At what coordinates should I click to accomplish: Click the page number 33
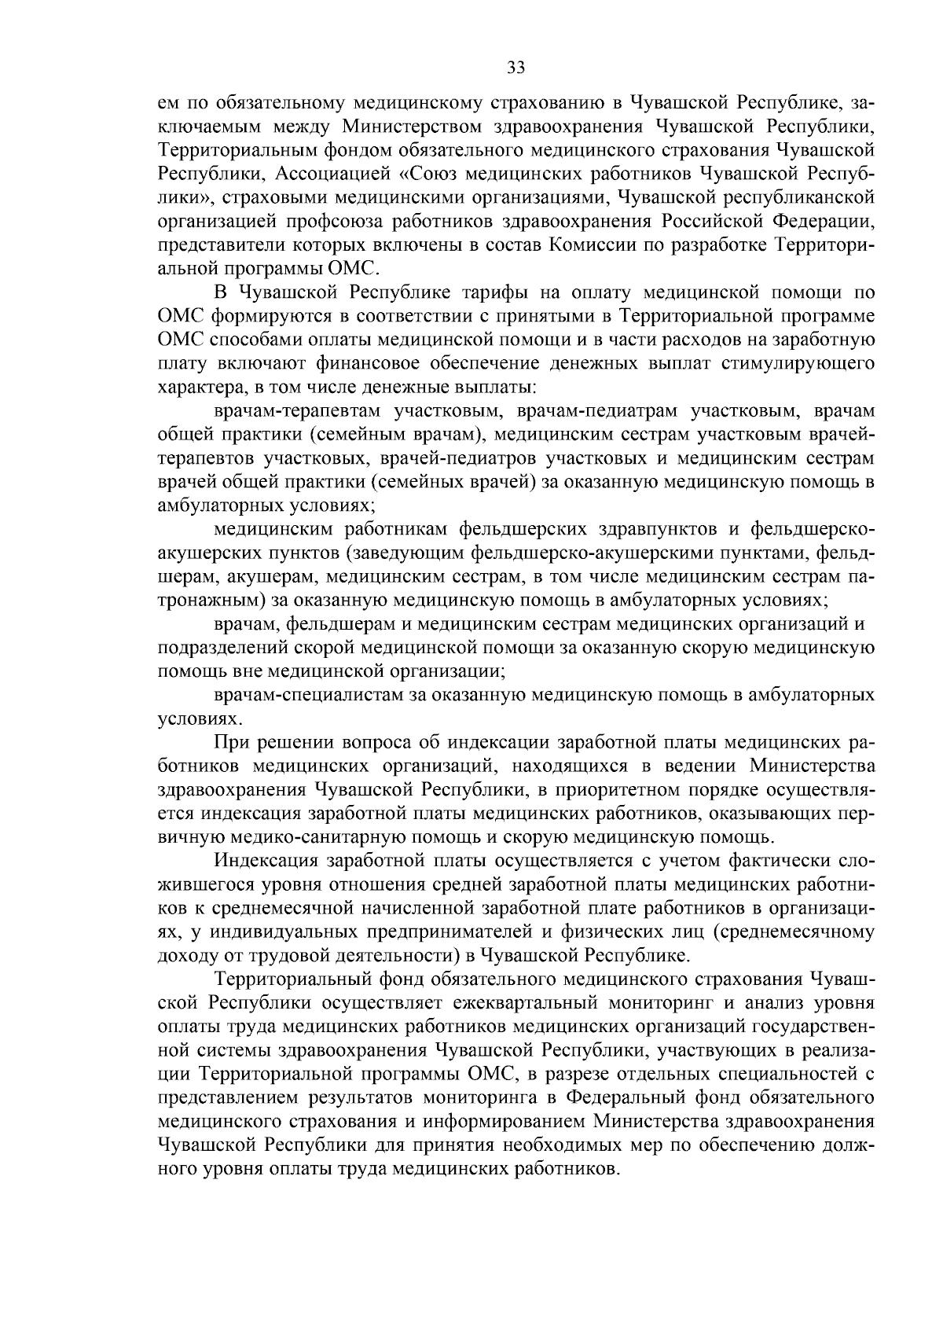pos(516,68)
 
